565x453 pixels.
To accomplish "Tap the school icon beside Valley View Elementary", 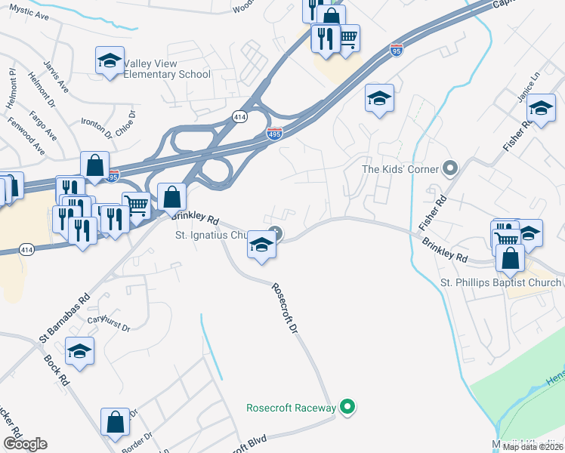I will click(110, 60).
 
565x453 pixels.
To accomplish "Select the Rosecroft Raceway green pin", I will click(347, 408).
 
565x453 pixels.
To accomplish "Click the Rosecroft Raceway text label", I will click(291, 408).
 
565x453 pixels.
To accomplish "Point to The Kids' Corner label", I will click(400, 169).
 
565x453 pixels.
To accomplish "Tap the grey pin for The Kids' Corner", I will click(451, 168).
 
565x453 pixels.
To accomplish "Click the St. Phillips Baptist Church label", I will click(501, 282).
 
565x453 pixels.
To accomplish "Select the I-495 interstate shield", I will click(275, 134).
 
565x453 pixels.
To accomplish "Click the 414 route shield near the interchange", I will click(239, 116).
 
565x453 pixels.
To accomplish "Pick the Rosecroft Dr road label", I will click(286, 310).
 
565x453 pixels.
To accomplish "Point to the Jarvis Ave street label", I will click(57, 77).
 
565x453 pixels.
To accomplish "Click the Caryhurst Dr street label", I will click(109, 323).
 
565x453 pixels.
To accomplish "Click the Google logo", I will click(25, 444).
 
